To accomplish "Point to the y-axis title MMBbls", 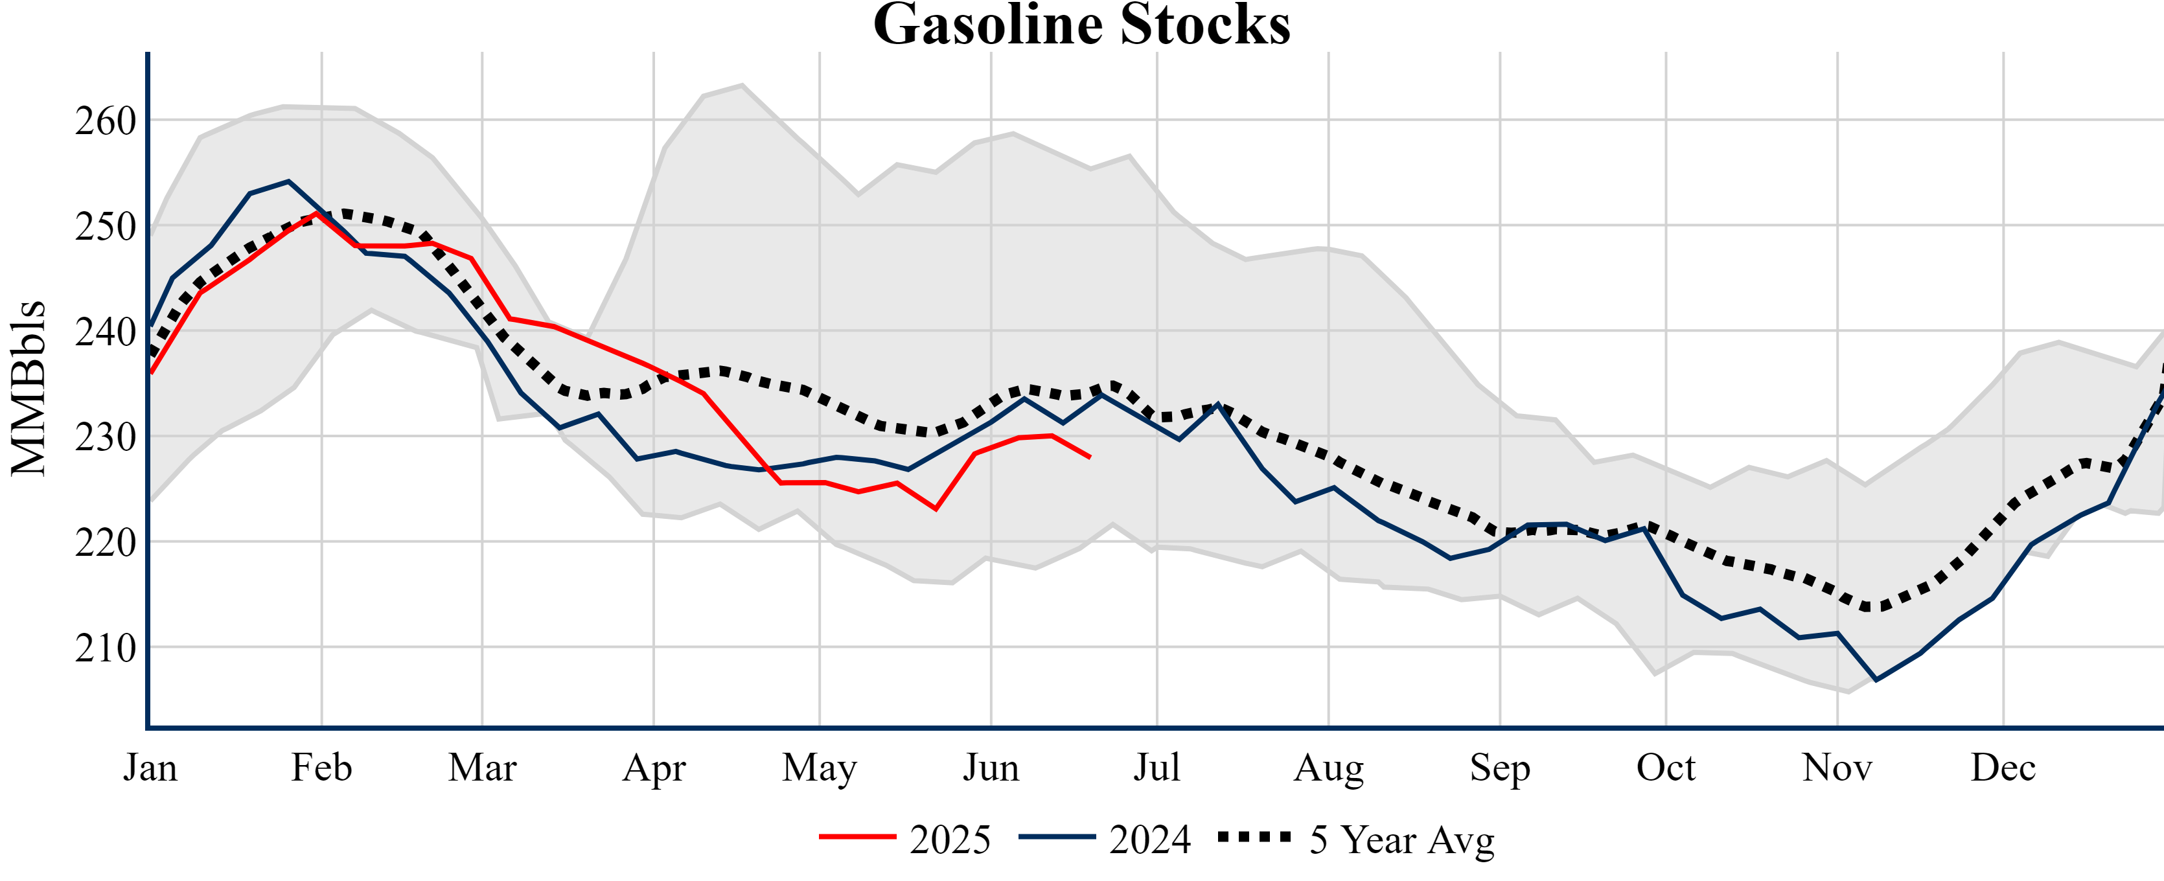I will click(29, 388).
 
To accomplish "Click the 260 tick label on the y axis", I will click(105, 121).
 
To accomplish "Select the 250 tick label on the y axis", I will click(105, 227).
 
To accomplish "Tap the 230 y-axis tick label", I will click(105, 437).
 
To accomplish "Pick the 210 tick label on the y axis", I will click(105, 648).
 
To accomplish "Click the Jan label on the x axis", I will click(150, 768).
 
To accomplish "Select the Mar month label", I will click(482, 768).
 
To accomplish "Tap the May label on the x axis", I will click(819, 768).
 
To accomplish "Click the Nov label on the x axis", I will click(1837, 768).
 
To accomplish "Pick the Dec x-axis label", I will click(2003, 768).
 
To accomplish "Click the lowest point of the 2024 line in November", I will click(1876, 680).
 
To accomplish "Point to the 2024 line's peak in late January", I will click(288, 181).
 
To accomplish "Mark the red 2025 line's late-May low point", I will click(936, 509).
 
